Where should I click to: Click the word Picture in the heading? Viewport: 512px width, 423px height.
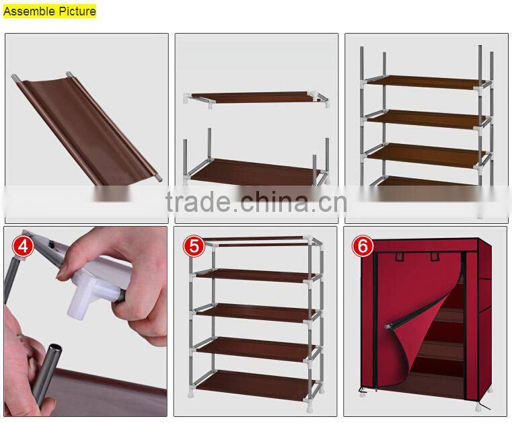point(74,11)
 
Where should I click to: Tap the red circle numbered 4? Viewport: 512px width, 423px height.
point(25,246)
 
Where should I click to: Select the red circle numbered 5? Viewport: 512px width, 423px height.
point(194,246)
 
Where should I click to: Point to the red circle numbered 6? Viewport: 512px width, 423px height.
point(363,246)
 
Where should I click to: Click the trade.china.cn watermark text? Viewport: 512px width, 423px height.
point(256,200)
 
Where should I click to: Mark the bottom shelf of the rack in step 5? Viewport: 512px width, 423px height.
point(256,387)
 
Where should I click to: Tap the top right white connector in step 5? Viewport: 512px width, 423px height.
point(312,241)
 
